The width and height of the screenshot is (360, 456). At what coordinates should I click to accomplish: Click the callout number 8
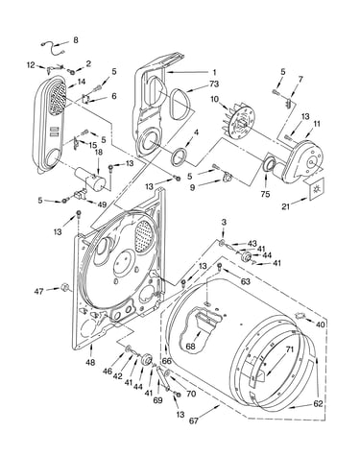pyautogui.click(x=76, y=40)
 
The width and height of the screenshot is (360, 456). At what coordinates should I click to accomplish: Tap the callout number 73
pyautogui.click(x=214, y=84)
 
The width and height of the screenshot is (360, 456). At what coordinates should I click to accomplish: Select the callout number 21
pyautogui.click(x=285, y=206)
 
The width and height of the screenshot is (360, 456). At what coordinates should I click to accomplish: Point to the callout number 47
pyautogui.click(x=39, y=292)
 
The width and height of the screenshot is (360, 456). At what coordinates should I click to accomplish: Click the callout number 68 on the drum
pyautogui.click(x=190, y=347)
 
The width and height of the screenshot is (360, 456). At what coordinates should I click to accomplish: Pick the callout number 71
pyautogui.click(x=290, y=349)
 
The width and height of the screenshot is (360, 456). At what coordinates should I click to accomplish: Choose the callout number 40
pyautogui.click(x=320, y=324)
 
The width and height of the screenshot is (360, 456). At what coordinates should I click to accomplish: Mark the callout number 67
pyautogui.click(x=193, y=421)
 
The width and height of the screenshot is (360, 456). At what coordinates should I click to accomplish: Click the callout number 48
pyautogui.click(x=90, y=362)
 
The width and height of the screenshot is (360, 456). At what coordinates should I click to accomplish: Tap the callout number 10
pyautogui.click(x=214, y=99)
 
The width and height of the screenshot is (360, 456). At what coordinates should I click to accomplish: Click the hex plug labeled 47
pyautogui.click(x=65, y=287)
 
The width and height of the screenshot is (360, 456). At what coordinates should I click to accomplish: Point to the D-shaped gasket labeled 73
pyautogui.click(x=180, y=102)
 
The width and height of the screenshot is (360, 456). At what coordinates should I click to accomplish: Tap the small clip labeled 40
pyautogui.click(x=300, y=316)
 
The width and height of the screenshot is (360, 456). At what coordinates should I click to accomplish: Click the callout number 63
pyautogui.click(x=246, y=282)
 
